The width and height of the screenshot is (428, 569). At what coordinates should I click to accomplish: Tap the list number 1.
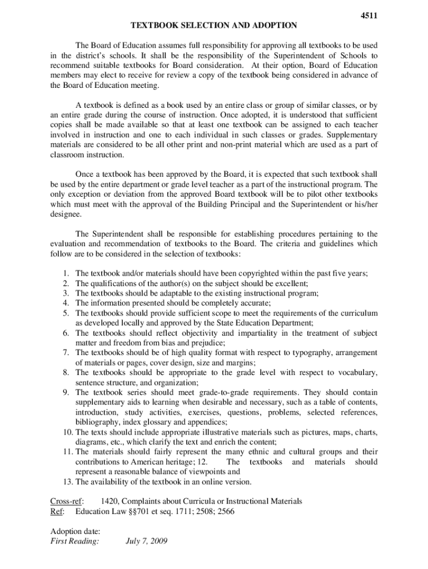[x=66, y=273]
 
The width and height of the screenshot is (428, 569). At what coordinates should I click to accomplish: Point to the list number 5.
[x=66, y=313]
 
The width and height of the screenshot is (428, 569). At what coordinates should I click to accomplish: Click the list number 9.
[x=66, y=392]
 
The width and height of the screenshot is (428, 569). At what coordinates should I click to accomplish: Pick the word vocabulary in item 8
[x=359, y=373]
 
